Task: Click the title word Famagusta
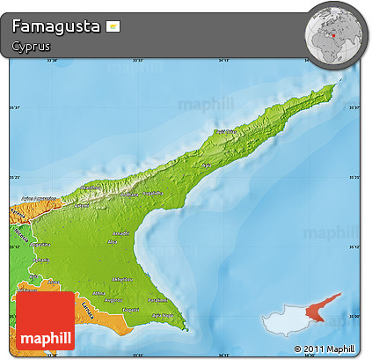pyautogui.click(x=55, y=26)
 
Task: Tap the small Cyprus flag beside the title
pyautogui.click(x=113, y=26)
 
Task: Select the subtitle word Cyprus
pyautogui.click(x=32, y=46)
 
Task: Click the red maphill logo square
pyautogui.click(x=45, y=320)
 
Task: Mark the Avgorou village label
pyautogui.click(x=114, y=300)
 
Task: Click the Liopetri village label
pyautogui.click(x=130, y=310)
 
